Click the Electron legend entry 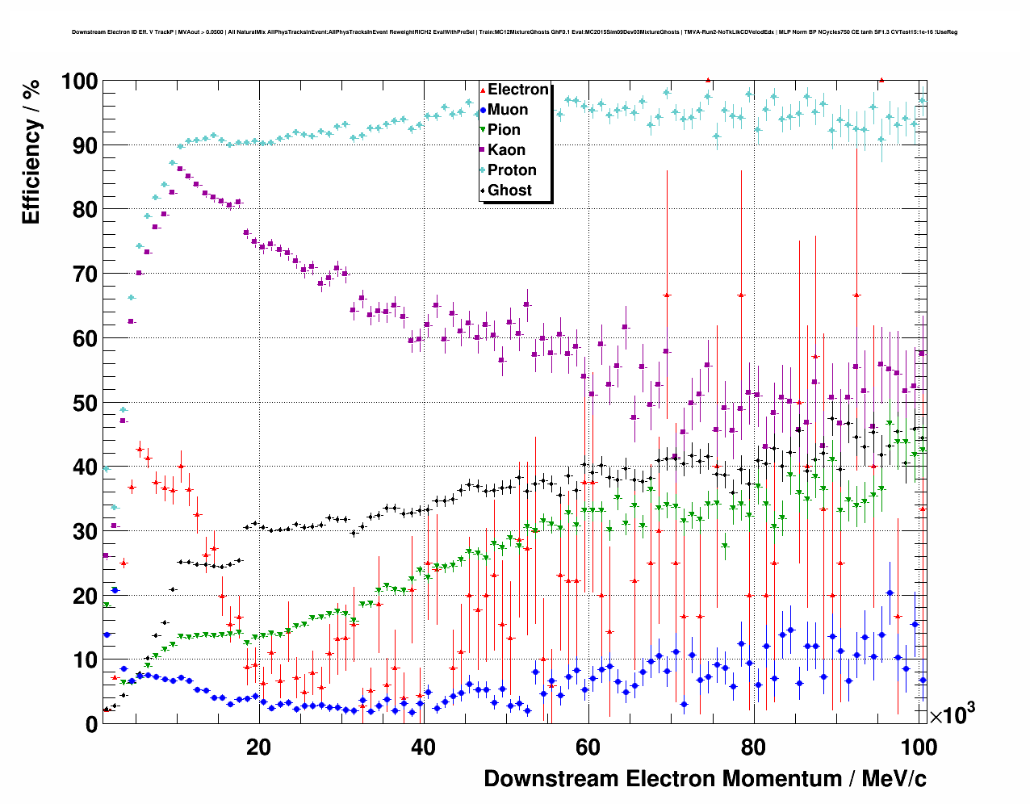pyautogui.click(x=517, y=90)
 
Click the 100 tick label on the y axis pyautogui.click(x=78, y=82)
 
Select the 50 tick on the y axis pyautogui.click(x=85, y=403)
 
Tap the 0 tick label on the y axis pyautogui.click(x=91, y=725)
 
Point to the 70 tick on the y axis pyautogui.click(x=85, y=274)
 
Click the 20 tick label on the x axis pyautogui.click(x=258, y=747)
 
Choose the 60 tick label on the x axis pyautogui.click(x=588, y=747)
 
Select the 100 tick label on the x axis pyautogui.click(x=919, y=747)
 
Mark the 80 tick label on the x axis pyautogui.click(x=753, y=747)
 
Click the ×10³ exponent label pyautogui.click(x=952, y=714)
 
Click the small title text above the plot pyautogui.click(x=514, y=32)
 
